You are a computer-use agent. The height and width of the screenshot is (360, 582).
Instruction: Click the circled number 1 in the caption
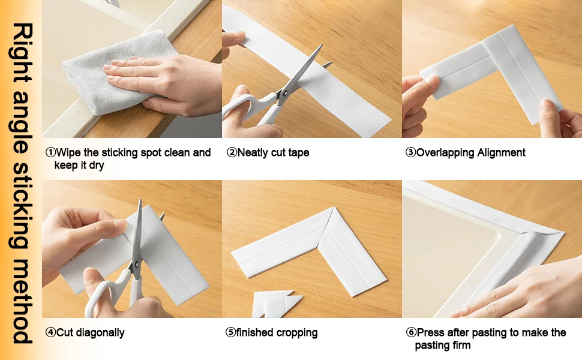(x=50, y=152)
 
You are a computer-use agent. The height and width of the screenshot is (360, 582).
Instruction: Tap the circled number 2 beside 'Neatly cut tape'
(x=232, y=152)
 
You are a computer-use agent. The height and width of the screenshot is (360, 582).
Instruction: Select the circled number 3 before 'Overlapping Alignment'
(x=410, y=152)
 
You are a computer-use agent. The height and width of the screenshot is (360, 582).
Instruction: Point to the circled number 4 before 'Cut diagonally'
(x=50, y=332)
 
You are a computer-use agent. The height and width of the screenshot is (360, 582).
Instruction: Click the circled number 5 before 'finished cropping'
(x=230, y=332)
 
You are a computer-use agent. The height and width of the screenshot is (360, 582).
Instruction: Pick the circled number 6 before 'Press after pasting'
(x=411, y=332)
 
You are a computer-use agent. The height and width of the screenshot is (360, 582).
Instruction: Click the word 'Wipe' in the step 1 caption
(x=68, y=152)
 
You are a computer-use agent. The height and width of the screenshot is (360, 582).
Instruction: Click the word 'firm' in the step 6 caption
(x=461, y=345)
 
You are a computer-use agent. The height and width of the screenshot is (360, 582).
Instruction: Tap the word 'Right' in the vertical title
(x=22, y=52)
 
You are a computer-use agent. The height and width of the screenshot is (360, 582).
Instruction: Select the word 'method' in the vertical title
(x=22, y=301)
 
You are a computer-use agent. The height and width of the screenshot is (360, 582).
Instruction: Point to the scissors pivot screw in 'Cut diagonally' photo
(x=136, y=264)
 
